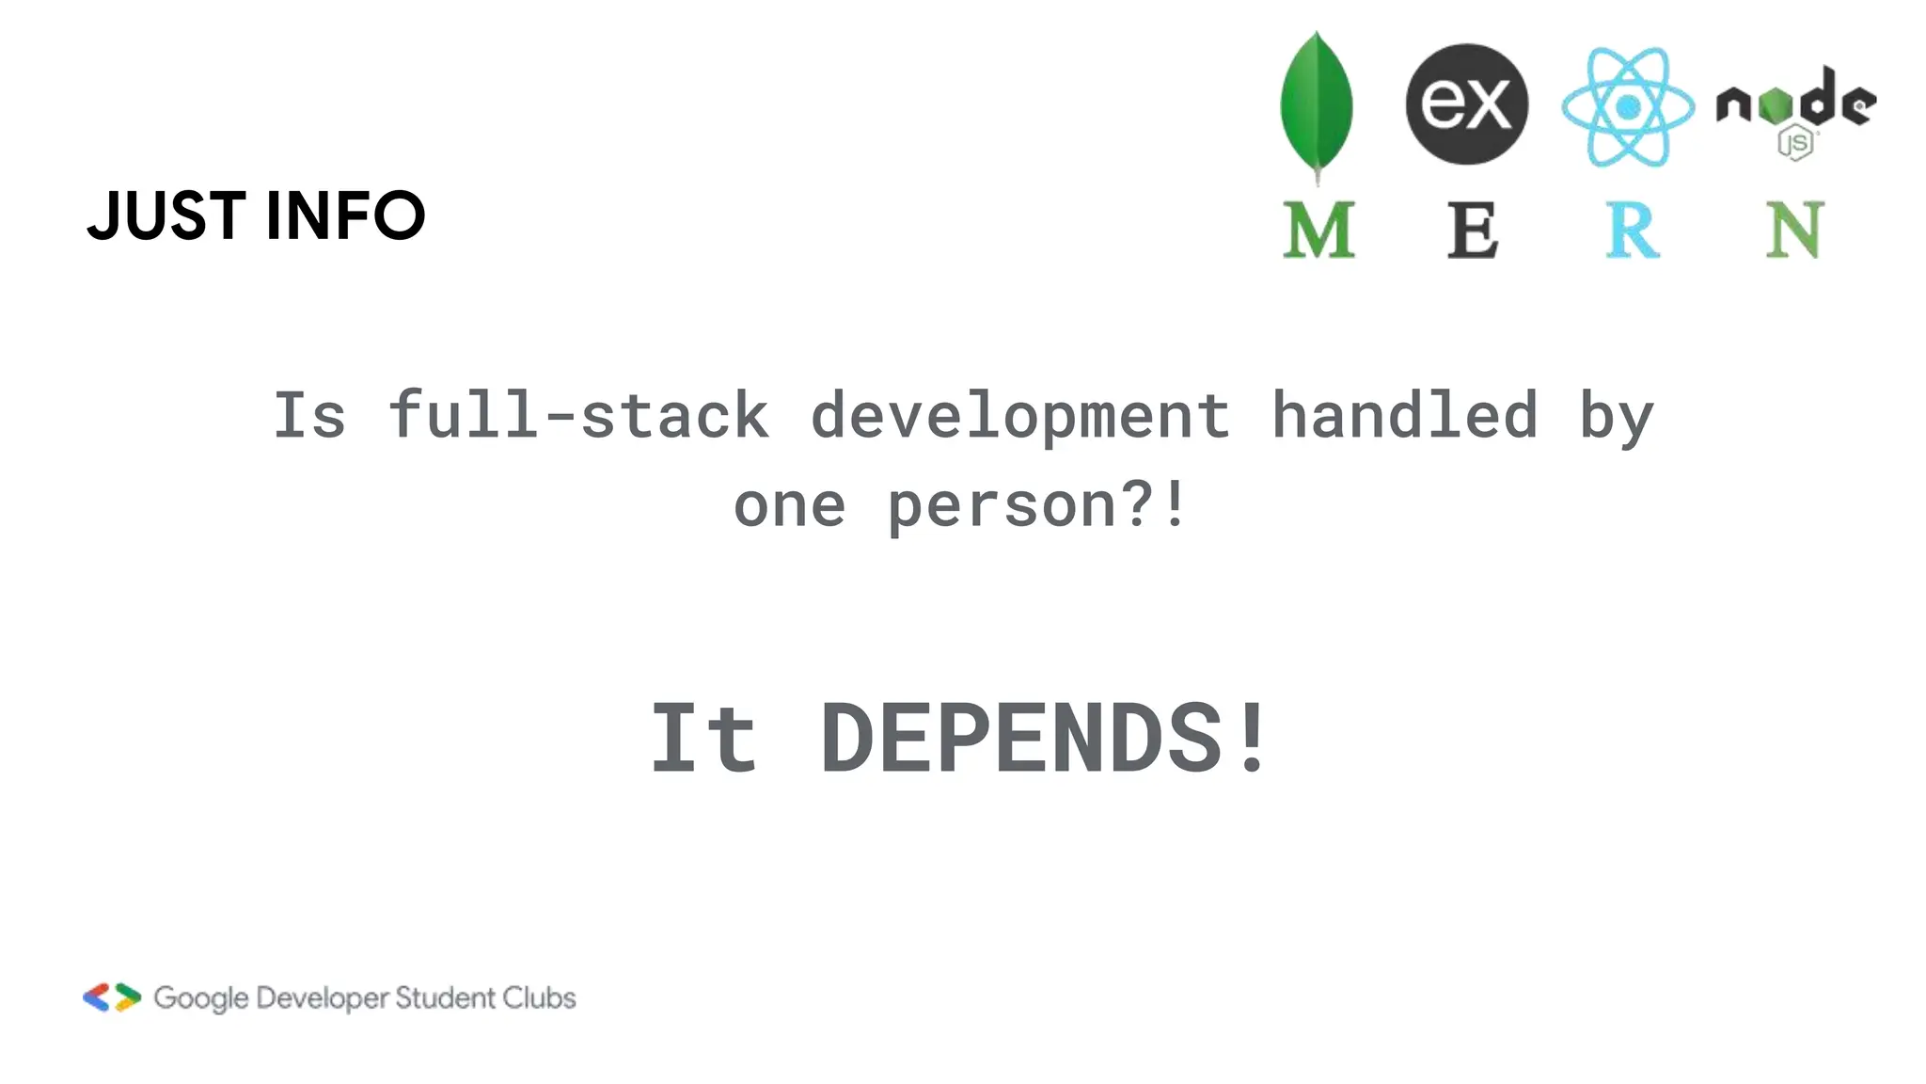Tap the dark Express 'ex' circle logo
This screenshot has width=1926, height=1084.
(1466, 104)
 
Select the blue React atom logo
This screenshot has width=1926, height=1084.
(1628, 106)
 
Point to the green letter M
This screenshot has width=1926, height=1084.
(1318, 230)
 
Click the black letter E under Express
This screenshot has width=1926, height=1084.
(1472, 230)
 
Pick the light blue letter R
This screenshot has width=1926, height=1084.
(1632, 230)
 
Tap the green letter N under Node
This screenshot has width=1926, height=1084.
(1793, 230)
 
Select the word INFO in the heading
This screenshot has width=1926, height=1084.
(345, 215)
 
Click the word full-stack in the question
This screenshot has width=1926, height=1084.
(578, 415)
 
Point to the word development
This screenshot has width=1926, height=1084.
(1019, 415)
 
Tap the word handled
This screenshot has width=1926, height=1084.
(1404, 415)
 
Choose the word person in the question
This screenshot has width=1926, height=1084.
(1001, 505)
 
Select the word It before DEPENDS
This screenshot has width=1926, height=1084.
(703, 739)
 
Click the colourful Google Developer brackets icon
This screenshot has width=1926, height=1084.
(112, 997)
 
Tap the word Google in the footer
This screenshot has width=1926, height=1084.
(201, 998)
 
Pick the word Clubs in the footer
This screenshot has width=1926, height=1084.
(538, 997)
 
